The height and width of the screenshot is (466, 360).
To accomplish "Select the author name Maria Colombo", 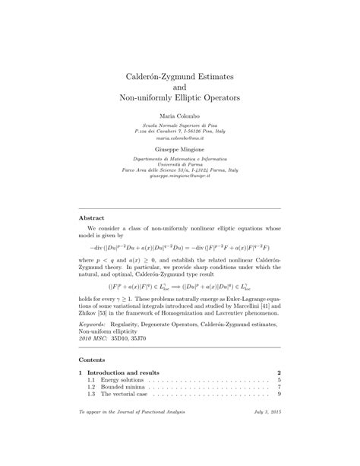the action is [x=180, y=114].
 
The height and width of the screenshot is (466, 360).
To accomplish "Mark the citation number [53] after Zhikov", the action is [x=116, y=334].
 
